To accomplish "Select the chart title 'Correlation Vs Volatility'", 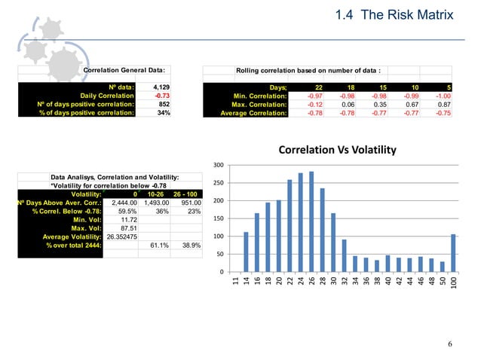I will pyautogui.click(x=337, y=151).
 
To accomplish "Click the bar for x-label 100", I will pyautogui.click(x=453, y=253).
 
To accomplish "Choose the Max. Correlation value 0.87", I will pyautogui.click(x=443, y=105).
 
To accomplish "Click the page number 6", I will pyautogui.click(x=449, y=345).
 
